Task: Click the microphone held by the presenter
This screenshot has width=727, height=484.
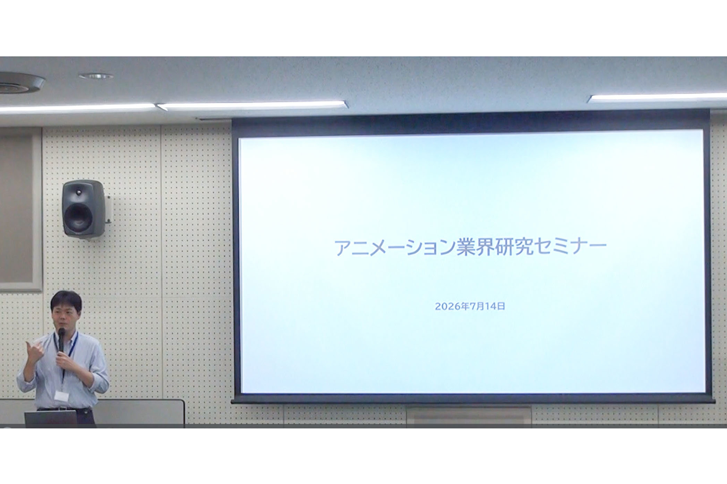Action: point(61,340)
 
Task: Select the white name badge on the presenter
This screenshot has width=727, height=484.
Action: point(61,396)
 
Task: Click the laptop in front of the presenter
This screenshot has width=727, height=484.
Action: point(51,418)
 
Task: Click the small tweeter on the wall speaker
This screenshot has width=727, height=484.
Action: point(79,192)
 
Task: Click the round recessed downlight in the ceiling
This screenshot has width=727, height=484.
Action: point(96,76)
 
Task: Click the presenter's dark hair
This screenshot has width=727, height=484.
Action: point(66,300)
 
